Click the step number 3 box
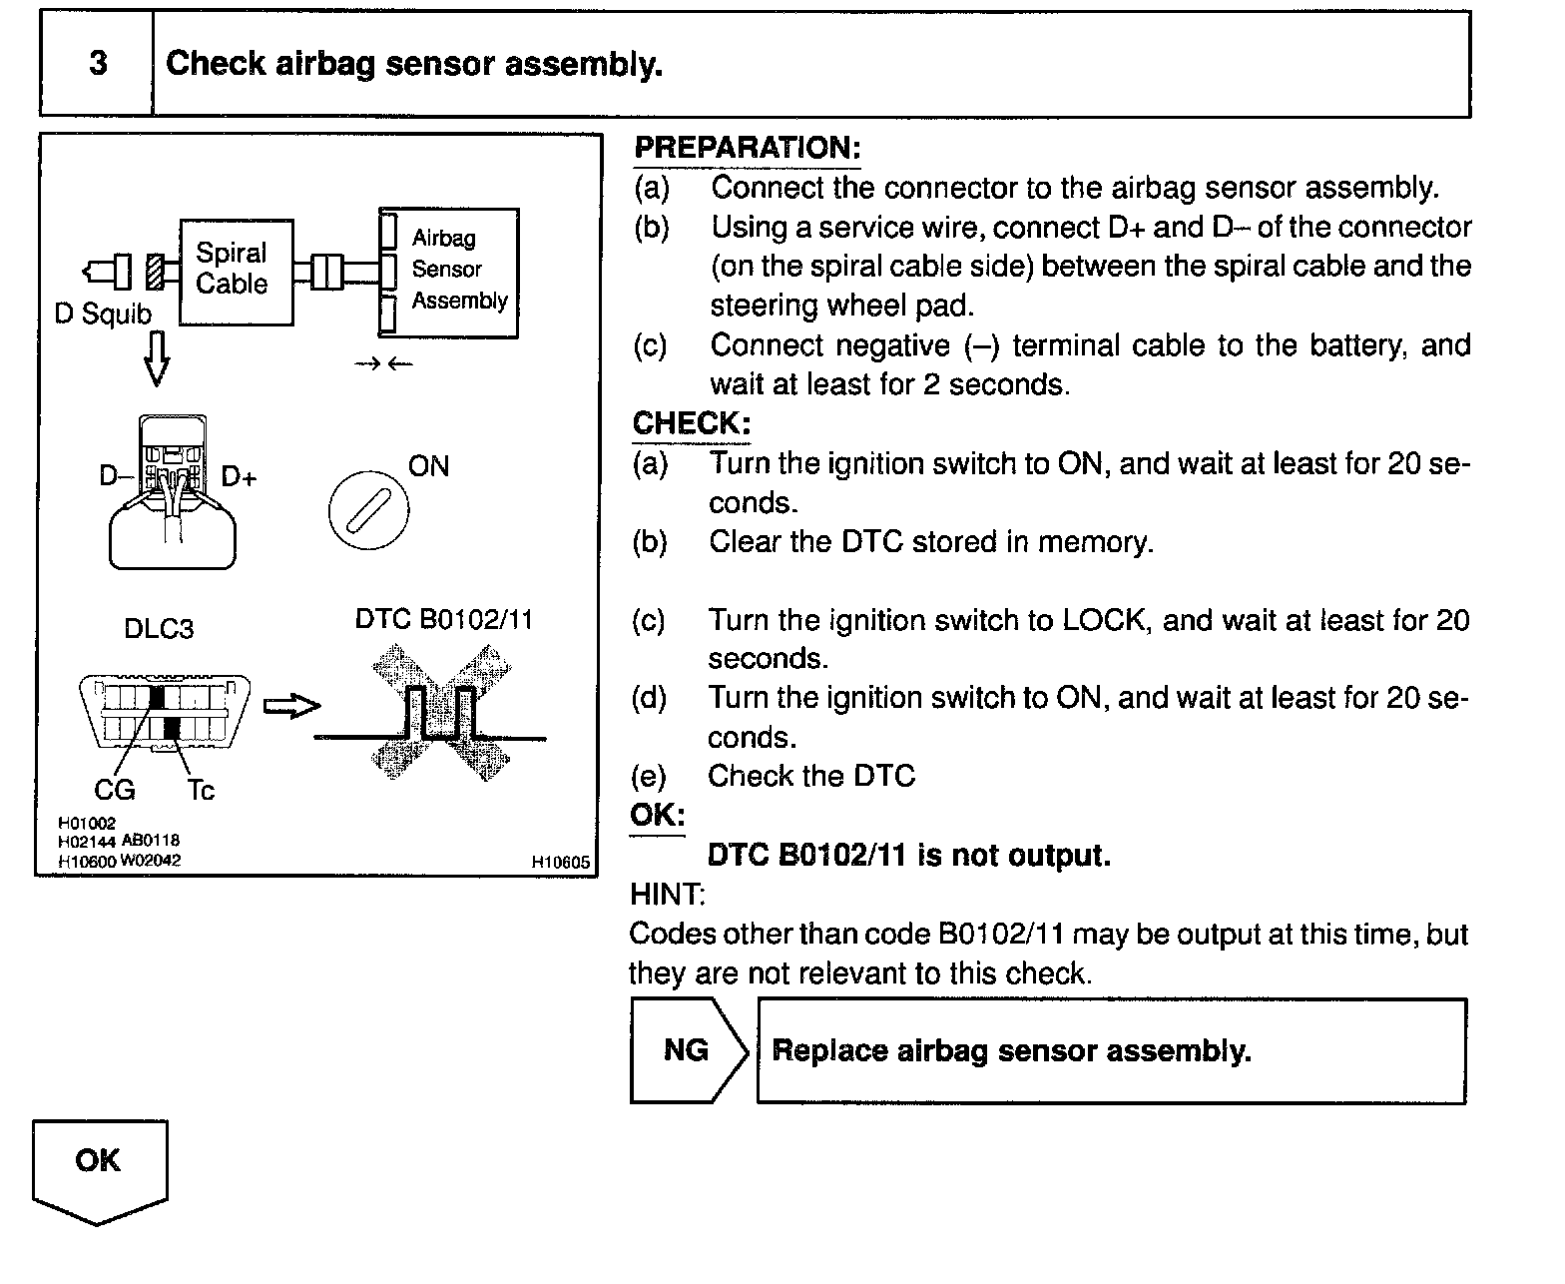97,64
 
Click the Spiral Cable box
236,272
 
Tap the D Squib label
103,315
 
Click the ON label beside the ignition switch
429,466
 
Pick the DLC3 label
159,629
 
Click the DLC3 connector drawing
165,712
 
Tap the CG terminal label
115,791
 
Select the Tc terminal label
201,791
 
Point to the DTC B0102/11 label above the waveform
444,620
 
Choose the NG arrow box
687,1050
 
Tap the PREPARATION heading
748,149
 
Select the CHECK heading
691,423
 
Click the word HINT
667,894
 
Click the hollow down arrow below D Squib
157,357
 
